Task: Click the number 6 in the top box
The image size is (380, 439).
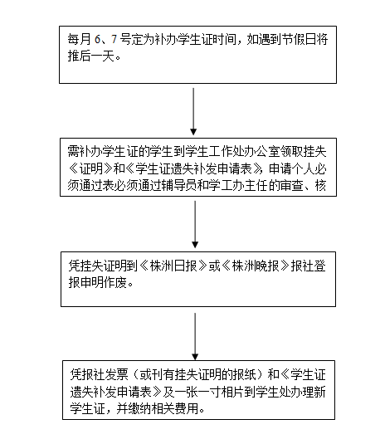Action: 97,39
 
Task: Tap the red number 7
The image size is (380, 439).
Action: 114,39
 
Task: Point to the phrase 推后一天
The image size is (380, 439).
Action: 91,56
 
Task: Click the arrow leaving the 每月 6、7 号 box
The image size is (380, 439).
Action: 193,111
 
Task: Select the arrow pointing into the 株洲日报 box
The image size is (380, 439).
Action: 195,224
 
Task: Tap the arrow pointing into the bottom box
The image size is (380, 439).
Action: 195,337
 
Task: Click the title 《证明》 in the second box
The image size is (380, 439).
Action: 90,168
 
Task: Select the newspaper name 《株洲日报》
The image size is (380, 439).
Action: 173,266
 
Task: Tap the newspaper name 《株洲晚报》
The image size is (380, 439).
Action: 256,266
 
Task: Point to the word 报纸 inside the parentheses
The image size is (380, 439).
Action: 245,374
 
